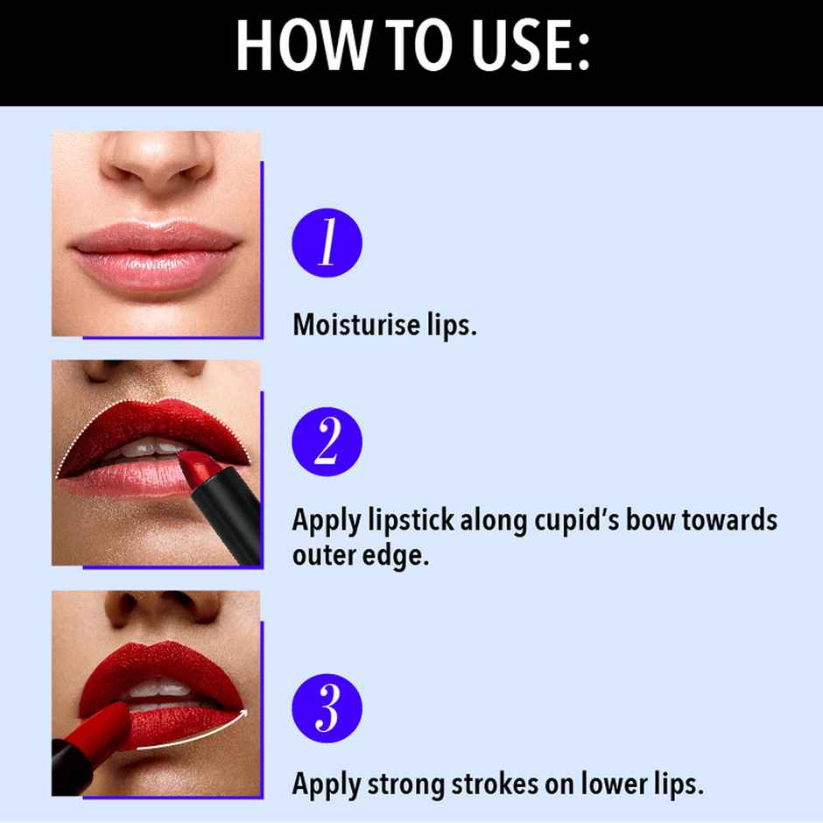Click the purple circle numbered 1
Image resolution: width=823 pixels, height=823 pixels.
(x=327, y=243)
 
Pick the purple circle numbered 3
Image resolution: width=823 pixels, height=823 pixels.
(x=327, y=707)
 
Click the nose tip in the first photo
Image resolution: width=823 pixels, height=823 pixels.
(x=158, y=166)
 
